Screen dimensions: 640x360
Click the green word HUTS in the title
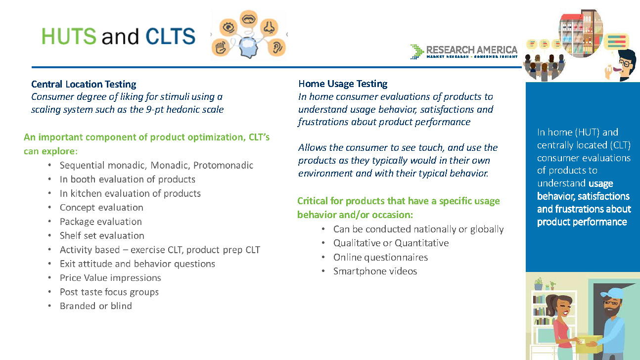pyautogui.click(x=69, y=36)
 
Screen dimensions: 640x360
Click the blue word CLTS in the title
pyautogui.click(x=170, y=36)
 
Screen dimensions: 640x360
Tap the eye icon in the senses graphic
pyautogui.click(x=229, y=27)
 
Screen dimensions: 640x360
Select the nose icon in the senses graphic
pyautogui.click(x=269, y=27)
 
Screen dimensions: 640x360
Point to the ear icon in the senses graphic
pyautogui.click(x=276, y=47)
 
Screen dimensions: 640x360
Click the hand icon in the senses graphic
pyautogui.click(x=221, y=47)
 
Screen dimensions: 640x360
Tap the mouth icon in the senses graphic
pyautogui.click(x=249, y=19)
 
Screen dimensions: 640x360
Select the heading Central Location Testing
pyautogui.click(x=84, y=84)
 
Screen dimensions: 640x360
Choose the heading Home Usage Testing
pyautogui.click(x=343, y=84)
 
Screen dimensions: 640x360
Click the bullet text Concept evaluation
pyautogui.click(x=101, y=207)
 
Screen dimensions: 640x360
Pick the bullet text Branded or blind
pyautogui.click(x=96, y=306)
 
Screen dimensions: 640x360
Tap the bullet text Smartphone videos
pyautogui.click(x=375, y=271)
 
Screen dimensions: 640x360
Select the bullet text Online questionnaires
pyautogui.click(x=380, y=257)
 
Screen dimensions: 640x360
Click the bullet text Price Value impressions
pyautogui.click(x=110, y=278)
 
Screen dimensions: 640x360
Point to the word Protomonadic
pyautogui.click(x=223, y=165)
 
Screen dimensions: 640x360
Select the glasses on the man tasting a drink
pyautogui.click(x=625, y=63)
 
